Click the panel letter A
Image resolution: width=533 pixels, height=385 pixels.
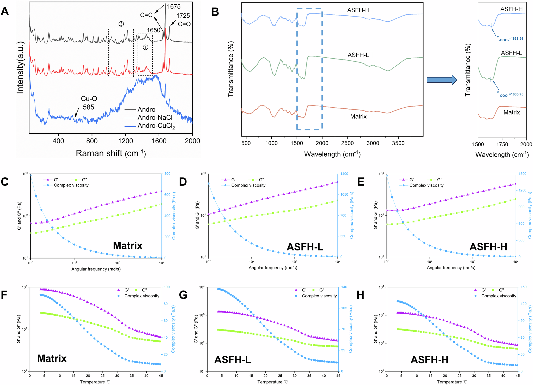pos(5,11)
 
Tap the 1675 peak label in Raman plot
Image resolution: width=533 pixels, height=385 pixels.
pos(174,6)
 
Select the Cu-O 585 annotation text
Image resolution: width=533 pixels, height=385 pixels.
pos(89,103)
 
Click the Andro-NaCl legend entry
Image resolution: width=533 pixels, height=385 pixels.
pos(155,117)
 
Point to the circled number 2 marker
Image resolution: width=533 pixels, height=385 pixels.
pos(121,24)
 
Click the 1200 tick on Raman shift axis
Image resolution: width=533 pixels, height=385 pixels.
pos(126,141)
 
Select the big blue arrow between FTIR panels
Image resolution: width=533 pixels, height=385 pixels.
pos(442,80)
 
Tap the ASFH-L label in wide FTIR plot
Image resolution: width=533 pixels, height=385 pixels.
pos(358,55)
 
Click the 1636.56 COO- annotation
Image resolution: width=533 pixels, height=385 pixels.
pos(511,39)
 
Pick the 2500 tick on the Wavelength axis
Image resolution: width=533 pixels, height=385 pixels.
pos(347,143)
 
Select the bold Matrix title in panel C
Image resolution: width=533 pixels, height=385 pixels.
pos(128,245)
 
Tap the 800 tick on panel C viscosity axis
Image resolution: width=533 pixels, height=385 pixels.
pos(167,174)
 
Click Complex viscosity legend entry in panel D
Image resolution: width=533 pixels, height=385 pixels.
pos(248,185)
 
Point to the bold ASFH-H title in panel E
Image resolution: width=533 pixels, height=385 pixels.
pos(488,247)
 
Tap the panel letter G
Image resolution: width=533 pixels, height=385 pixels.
pos(183,295)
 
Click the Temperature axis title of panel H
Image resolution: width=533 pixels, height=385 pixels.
pos(452,382)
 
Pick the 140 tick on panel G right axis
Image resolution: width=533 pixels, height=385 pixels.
pos(344,287)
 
